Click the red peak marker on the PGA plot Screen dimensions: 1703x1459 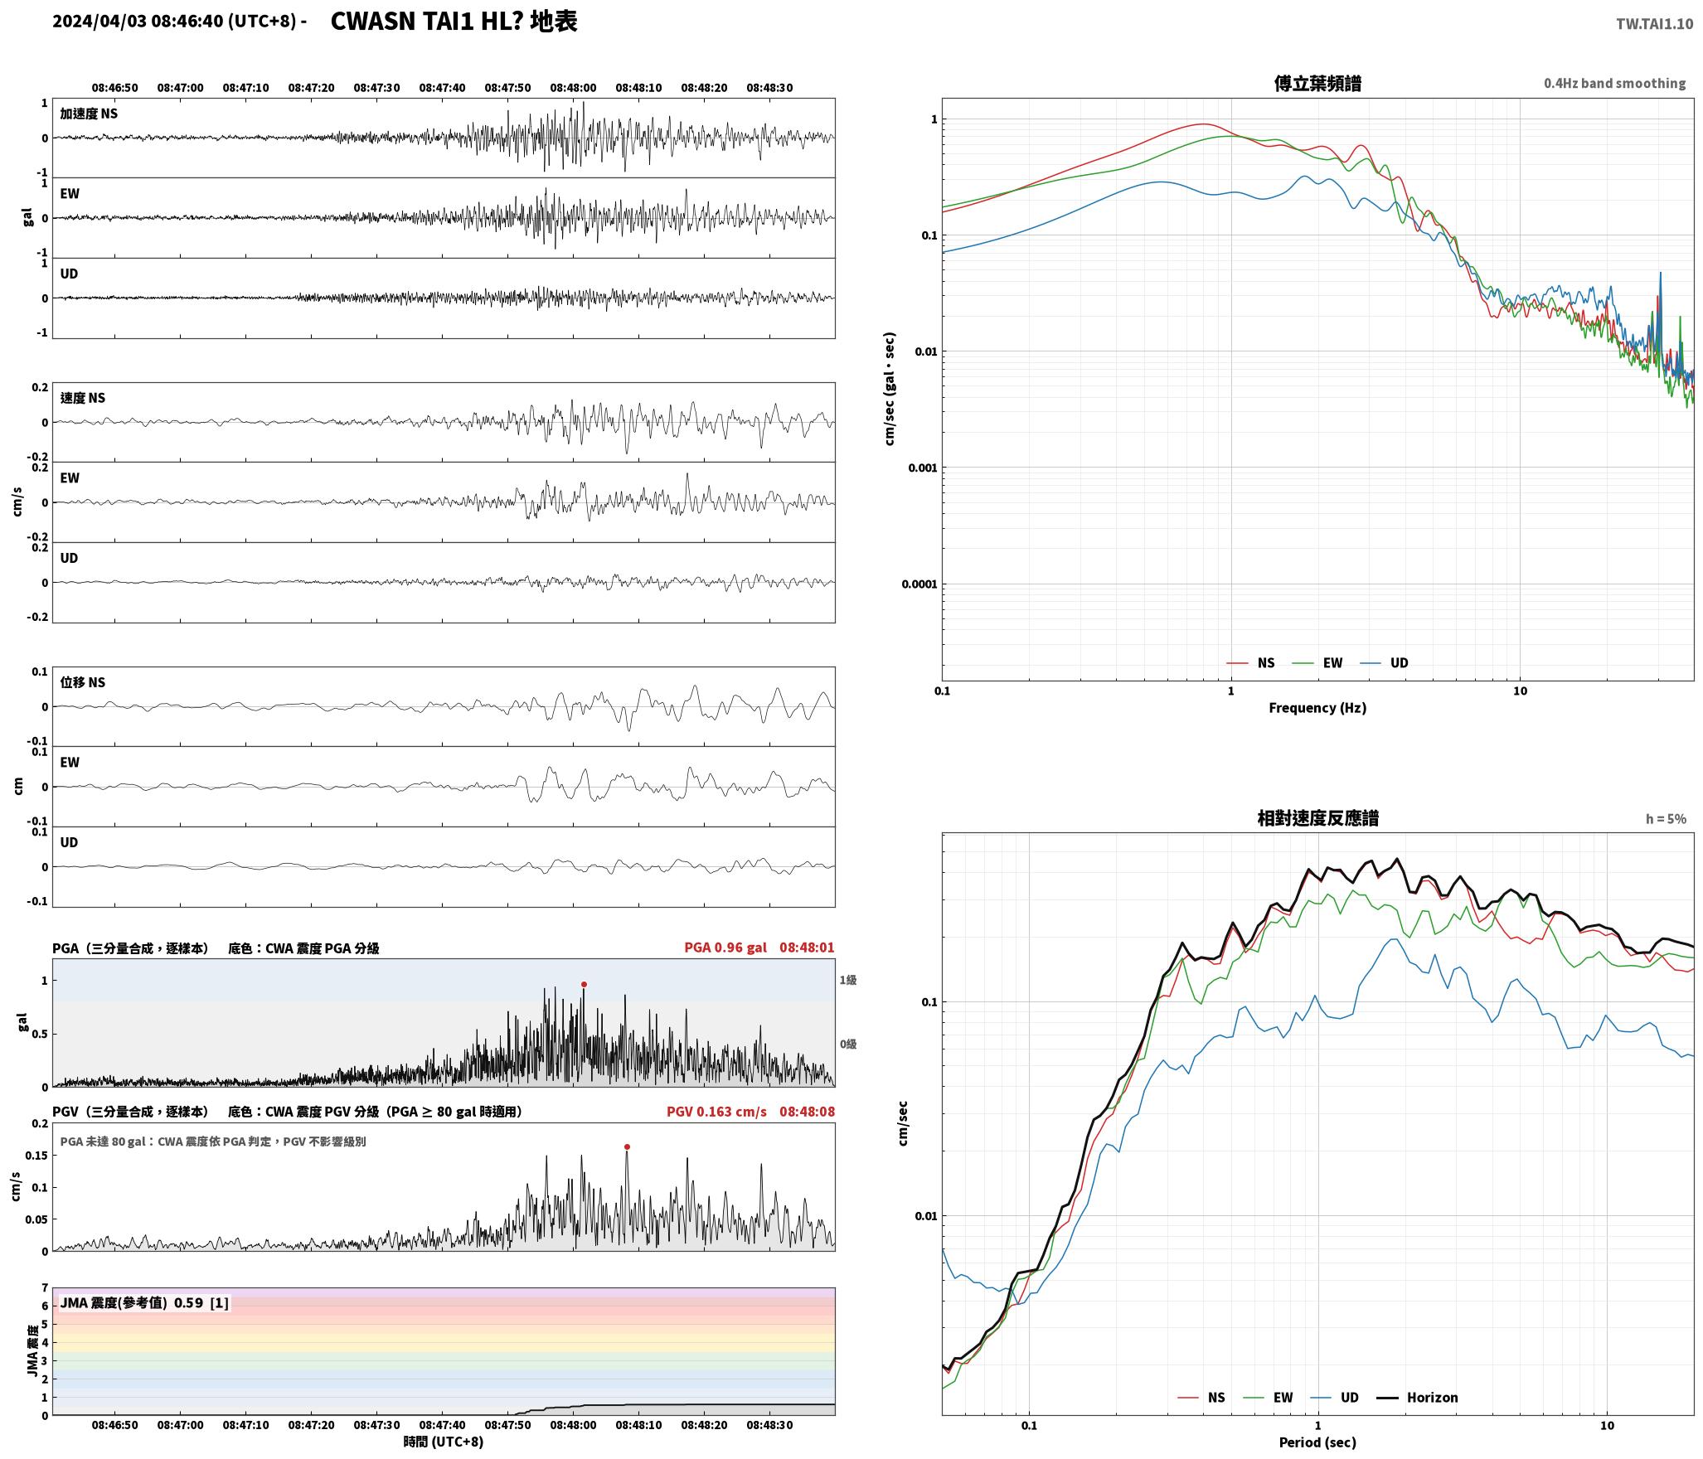coord(584,985)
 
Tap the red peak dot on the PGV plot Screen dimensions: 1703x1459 coord(627,1147)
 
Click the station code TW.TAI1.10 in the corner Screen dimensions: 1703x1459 coord(1654,24)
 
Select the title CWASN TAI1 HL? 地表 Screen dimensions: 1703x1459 coord(454,22)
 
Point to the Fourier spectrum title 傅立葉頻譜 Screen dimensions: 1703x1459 coord(1317,84)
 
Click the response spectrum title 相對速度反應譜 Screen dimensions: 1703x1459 coord(1317,818)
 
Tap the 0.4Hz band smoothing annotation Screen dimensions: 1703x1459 coord(1614,84)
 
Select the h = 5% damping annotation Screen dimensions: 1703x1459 coord(1666,819)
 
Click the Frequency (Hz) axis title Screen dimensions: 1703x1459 coord(1317,708)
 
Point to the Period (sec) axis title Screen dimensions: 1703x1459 coord(1317,1442)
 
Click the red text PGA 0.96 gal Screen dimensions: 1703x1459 coord(725,948)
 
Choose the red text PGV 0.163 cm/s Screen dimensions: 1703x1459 coord(716,1112)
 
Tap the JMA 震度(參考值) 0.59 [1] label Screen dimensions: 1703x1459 coord(144,1303)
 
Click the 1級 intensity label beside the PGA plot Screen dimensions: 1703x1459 coord(847,981)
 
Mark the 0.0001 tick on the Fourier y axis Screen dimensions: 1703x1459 coord(919,584)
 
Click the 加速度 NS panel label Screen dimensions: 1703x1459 coord(89,114)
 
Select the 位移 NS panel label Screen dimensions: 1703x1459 coord(83,682)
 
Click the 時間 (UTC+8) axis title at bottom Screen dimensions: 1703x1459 coord(444,1442)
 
